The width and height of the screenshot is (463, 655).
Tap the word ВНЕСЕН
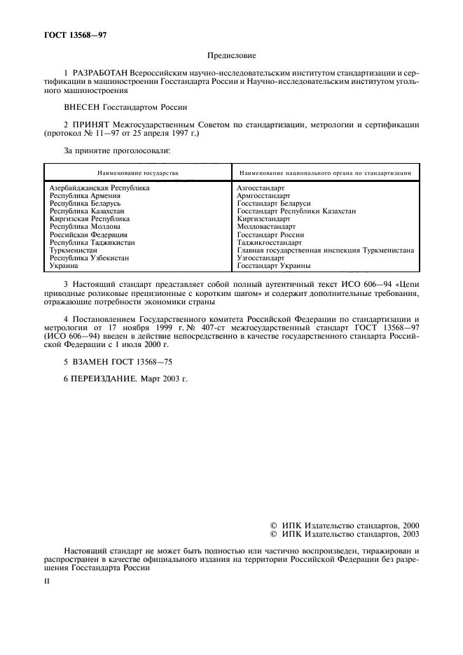[x=85, y=107]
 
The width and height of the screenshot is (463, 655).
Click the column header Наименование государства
[x=138, y=172]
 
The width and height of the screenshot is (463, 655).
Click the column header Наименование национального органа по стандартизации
[x=325, y=172]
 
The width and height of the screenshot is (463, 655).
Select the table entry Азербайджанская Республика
[x=99, y=188]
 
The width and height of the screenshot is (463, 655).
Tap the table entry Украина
[x=64, y=266]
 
